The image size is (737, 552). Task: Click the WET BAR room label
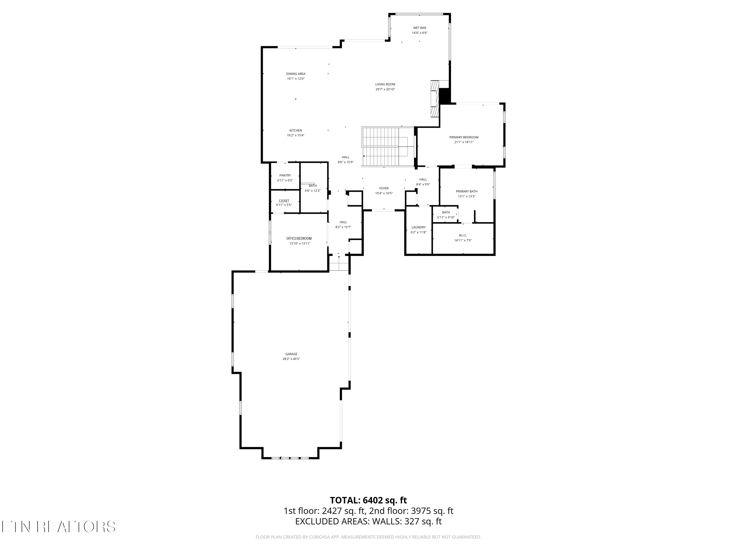coord(420,28)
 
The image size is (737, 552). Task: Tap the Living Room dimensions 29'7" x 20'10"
coord(385,89)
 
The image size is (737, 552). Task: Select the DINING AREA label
coord(296,74)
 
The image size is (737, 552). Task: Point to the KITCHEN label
coord(296,131)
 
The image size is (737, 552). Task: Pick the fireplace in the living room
coord(435,99)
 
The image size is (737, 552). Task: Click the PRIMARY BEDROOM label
coord(464,137)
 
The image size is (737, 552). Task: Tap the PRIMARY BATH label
coord(467,191)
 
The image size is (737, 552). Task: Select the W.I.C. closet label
coord(463,235)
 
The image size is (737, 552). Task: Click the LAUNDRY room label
coord(418,227)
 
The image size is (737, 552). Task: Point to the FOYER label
coord(384,188)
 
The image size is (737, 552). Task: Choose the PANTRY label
coord(285,175)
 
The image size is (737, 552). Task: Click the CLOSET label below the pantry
coord(284,201)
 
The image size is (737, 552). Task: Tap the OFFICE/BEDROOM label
coord(299,238)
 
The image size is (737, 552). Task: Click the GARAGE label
coord(291,354)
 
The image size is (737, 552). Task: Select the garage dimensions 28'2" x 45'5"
coord(291,359)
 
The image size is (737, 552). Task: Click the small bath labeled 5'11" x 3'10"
coord(446,215)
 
